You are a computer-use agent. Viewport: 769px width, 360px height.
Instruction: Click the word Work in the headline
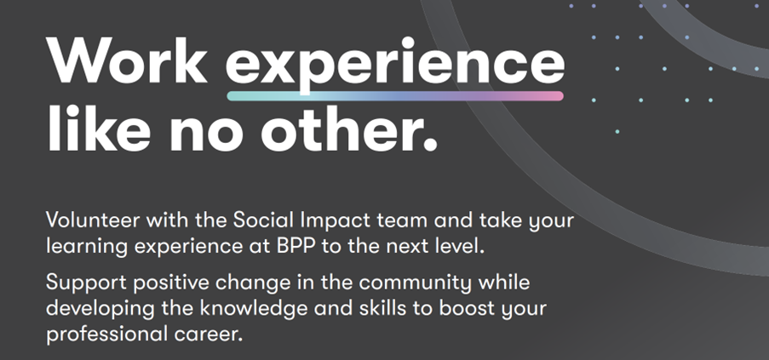click(126, 60)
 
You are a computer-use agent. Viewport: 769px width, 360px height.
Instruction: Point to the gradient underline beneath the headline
click(395, 96)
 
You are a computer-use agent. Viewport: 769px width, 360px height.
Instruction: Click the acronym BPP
click(296, 246)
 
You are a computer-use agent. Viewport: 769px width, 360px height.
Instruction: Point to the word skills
click(396, 308)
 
